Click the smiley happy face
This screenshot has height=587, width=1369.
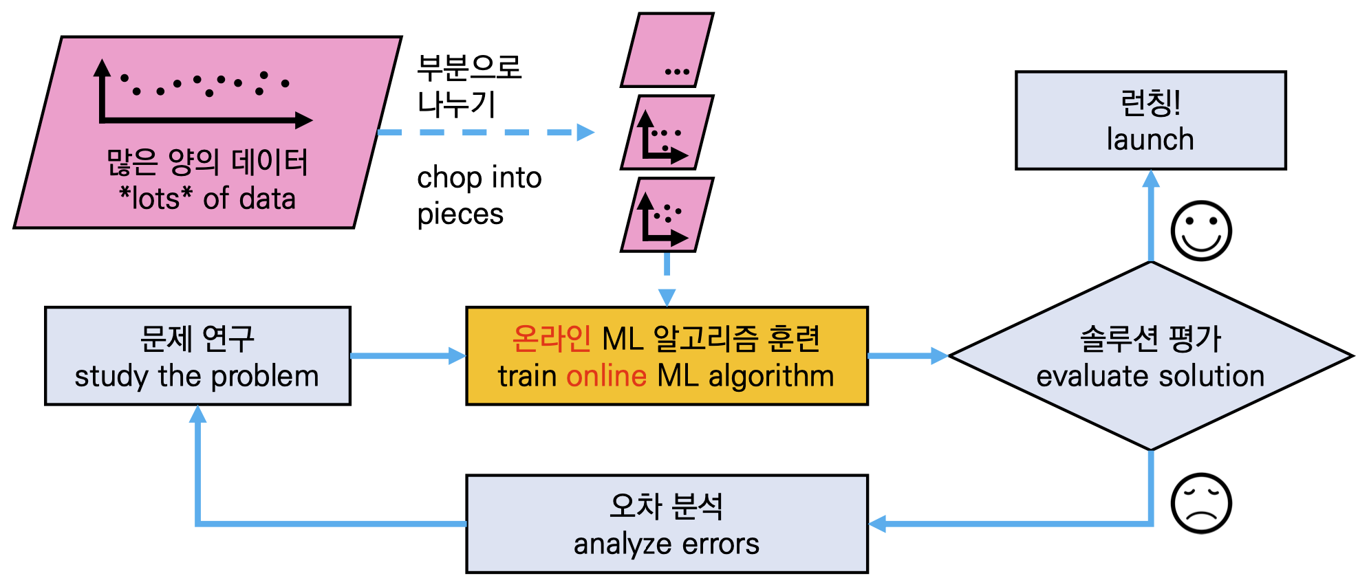click(x=1200, y=231)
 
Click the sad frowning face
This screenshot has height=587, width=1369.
click(x=1200, y=503)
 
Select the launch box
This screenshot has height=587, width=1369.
click(x=1150, y=120)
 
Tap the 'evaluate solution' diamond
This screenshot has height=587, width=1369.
click(x=1150, y=356)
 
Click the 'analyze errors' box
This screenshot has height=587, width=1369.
click(x=667, y=524)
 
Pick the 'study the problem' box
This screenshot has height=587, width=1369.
click(x=197, y=356)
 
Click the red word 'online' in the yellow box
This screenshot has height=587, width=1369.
click(x=606, y=376)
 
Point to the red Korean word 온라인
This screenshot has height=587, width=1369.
click(x=551, y=338)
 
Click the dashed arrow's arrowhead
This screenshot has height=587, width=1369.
click(x=585, y=132)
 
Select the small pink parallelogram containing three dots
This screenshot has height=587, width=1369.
click(x=667, y=50)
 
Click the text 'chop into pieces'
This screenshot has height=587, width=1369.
click(x=479, y=196)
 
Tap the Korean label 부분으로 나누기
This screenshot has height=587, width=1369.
click(x=469, y=85)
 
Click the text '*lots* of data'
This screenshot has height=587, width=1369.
click(x=207, y=199)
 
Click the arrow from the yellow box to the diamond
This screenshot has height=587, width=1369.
click(x=907, y=356)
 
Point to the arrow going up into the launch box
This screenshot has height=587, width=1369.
click(x=1150, y=217)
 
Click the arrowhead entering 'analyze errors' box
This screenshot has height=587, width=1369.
click(x=878, y=524)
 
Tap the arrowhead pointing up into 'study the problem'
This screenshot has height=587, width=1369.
click(x=197, y=414)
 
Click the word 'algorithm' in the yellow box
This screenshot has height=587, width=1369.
click(x=770, y=376)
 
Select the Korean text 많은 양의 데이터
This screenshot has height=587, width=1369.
click(x=207, y=162)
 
